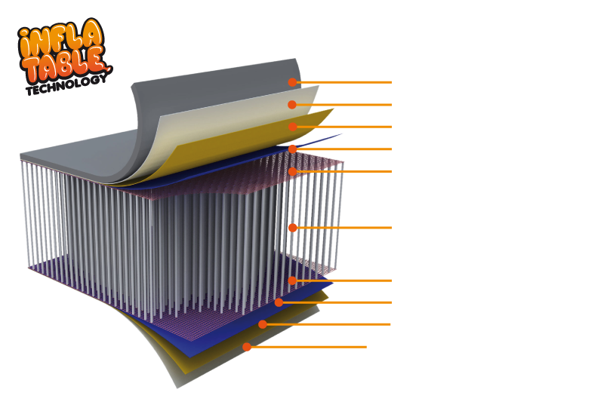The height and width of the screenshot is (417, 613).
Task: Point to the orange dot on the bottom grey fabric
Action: point(246,347)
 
